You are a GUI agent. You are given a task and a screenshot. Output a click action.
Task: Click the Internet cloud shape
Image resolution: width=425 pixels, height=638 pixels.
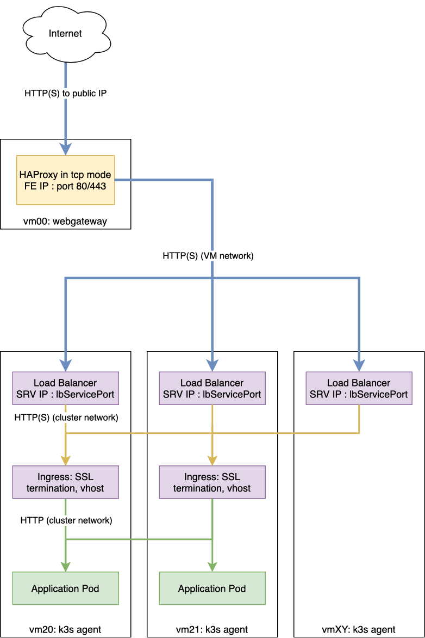[x=65, y=34]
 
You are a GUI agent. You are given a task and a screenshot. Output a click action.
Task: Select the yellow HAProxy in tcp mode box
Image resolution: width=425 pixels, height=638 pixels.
[x=65, y=180]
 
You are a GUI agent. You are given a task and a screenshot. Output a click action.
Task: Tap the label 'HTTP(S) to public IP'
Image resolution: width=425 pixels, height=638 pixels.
[x=65, y=93]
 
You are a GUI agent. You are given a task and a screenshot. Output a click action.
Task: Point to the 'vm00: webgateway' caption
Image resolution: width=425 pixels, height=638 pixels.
[x=65, y=222]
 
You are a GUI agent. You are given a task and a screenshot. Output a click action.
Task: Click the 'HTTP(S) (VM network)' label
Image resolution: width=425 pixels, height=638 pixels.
[x=208, y=255]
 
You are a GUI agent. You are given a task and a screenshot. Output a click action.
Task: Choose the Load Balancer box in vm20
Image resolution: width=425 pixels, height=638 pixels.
[x=65, y=388]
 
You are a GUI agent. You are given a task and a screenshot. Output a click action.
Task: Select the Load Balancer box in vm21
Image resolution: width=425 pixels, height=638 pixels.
[x=212, y=388]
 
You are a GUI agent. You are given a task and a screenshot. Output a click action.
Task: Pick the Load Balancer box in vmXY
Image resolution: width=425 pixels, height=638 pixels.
[x=359, y=388]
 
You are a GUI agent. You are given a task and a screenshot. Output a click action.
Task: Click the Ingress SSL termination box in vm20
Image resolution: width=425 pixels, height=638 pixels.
[x=65, y=482]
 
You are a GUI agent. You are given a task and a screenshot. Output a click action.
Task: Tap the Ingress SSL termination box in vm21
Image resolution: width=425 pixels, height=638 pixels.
[x=212, y=482]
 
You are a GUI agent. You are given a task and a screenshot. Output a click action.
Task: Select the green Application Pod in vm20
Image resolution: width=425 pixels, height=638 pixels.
[x=65, y=588]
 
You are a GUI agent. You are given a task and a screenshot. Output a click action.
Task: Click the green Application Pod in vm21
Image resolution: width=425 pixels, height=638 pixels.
[x=212, y=588]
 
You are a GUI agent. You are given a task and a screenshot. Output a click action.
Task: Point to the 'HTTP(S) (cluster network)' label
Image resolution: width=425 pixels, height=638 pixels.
[x=65, y=417]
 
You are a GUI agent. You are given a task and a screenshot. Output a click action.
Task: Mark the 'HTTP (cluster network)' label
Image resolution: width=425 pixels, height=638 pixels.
[x=66, y=520]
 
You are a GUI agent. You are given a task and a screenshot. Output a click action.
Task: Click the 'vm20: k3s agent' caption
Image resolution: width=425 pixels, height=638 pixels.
[x=65, y=630]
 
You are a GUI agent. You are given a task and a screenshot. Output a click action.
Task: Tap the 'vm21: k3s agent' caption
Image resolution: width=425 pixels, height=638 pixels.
[x=212, y=630]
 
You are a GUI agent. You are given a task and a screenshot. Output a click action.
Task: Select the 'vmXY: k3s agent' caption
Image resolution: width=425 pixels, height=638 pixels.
[x=359, y=630]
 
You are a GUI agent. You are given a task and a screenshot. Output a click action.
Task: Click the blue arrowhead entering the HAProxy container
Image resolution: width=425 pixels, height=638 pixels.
[x=66, y=149]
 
